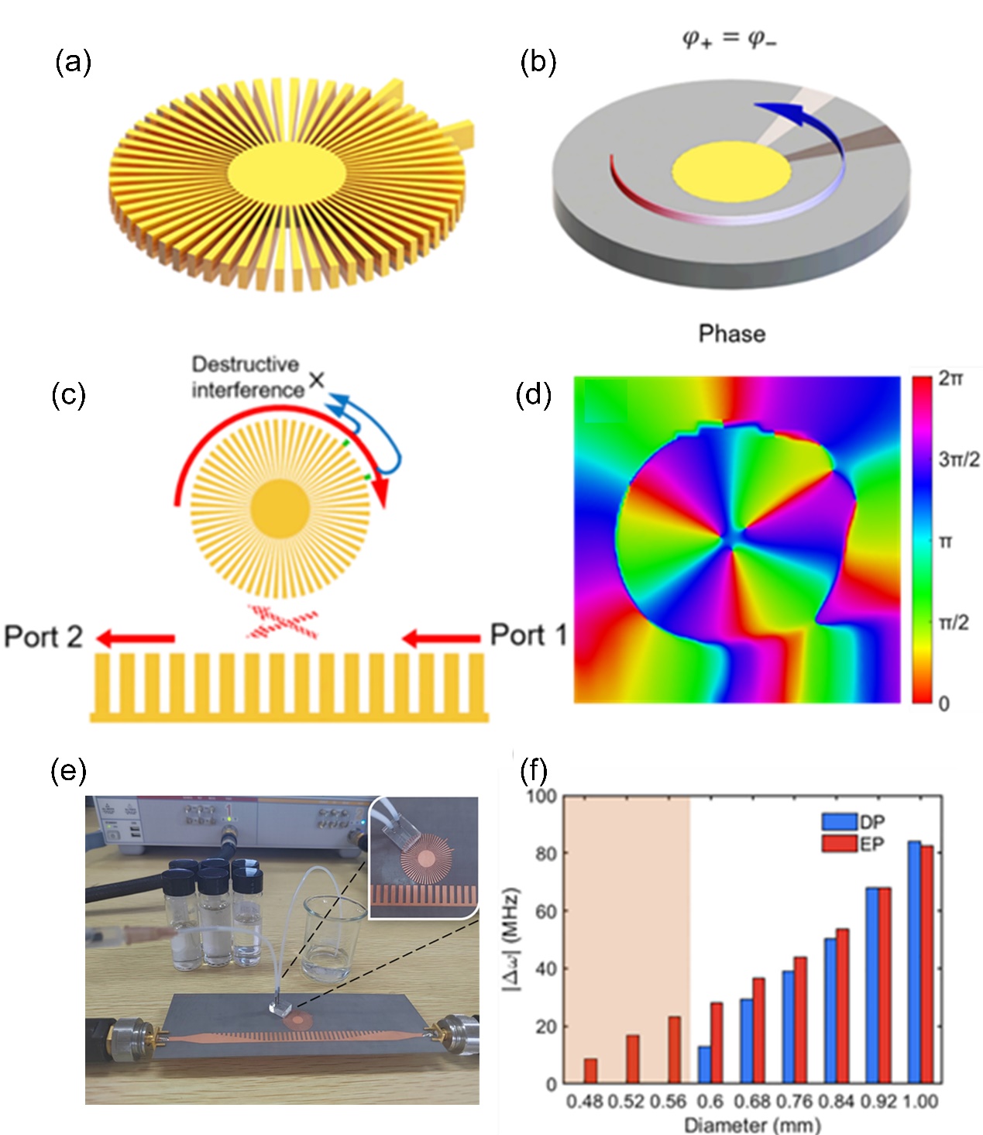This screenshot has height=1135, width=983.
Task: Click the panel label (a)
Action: coord(73,62)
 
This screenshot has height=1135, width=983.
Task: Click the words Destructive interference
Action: coord(247,377)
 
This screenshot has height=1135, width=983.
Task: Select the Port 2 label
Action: coord(43,637)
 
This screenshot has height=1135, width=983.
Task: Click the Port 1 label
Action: coord(529,635)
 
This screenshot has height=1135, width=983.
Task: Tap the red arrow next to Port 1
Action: coord(441,638)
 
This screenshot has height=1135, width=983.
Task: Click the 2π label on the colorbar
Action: coord(950,379)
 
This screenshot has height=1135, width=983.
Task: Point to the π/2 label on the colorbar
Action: coord(953,622)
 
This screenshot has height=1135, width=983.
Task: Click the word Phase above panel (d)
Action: coord(731,334)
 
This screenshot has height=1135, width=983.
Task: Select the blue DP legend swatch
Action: coord(839,821)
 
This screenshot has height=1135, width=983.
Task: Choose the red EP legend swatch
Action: coord(839,843)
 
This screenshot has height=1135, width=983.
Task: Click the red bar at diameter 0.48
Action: coord(590,1071)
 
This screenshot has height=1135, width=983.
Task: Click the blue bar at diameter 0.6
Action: coord(704,1064)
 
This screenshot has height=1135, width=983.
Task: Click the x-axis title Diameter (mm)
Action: coord(751,1124)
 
